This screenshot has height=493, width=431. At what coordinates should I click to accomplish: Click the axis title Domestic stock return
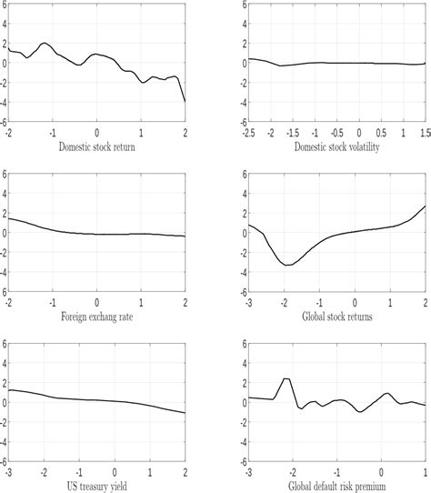(96, 146)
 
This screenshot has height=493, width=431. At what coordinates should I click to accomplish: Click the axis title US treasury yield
(96, 485)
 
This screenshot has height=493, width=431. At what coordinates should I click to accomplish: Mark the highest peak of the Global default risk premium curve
(286, 378)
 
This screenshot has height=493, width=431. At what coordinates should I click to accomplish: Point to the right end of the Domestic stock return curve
(185, 101)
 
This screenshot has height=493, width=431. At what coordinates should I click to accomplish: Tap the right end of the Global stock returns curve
(425, 206)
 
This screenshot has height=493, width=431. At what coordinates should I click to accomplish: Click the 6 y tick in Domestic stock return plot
(4, 5)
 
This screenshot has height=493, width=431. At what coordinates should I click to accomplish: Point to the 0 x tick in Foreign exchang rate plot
(97, 301)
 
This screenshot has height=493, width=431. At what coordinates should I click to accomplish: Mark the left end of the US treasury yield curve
(8, 390)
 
